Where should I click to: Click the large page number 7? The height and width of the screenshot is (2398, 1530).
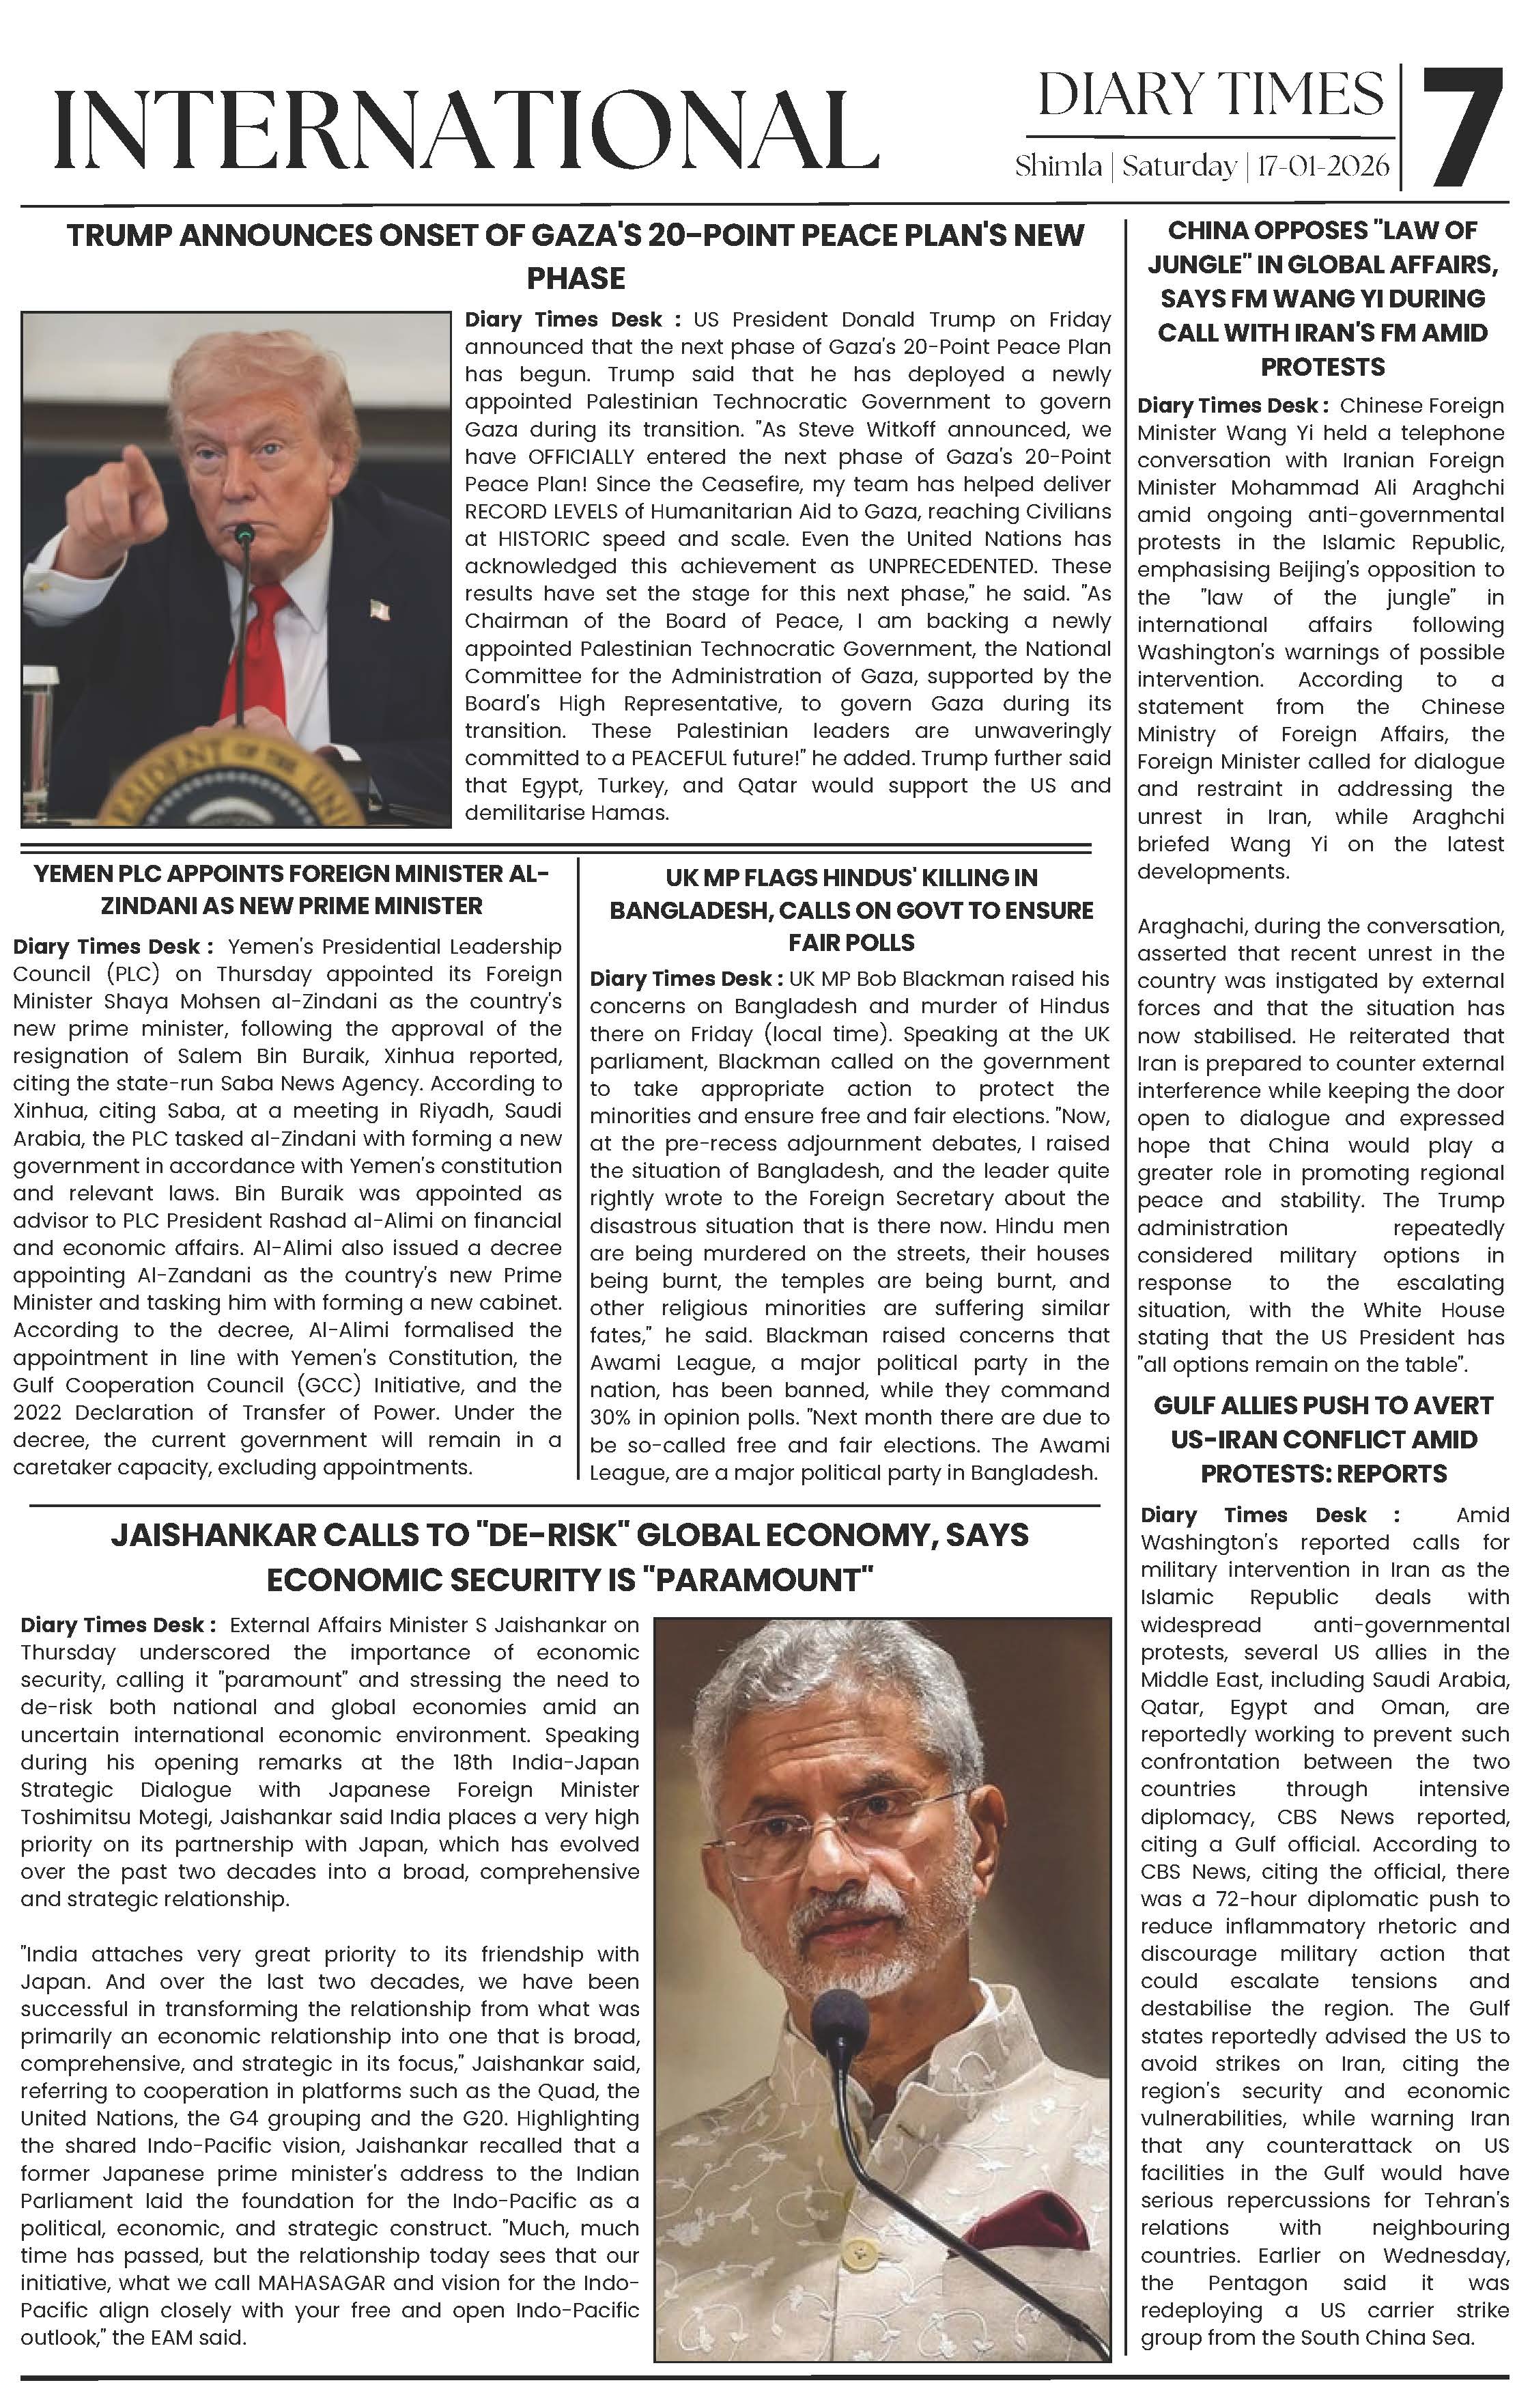pyautogui.click(x=1462, y=128)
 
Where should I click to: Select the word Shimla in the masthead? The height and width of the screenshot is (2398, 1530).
pyautogui.click(x=1058, y=166)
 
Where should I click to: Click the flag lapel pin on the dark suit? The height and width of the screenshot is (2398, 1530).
pyautogui.click(x=378, y=609)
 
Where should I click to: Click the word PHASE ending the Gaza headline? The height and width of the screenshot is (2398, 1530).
pyautogui.click(x=576, y=279)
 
